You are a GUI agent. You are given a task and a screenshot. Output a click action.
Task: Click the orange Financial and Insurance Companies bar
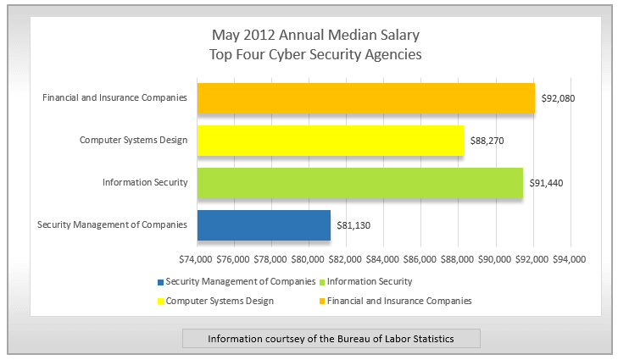click(x=366, y=98)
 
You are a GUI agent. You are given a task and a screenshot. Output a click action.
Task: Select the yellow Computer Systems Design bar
click(x=331, y=141)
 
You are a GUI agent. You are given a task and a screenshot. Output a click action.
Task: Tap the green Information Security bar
click(x=360, y=183)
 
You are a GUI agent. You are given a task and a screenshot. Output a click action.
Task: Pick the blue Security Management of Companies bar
click(x=264, y=225)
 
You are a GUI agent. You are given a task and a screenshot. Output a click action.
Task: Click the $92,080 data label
click(x=558, y=98)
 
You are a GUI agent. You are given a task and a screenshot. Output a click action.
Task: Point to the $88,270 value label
click(x=487, y=141)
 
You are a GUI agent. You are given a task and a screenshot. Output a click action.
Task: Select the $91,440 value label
click(x=546, y=183)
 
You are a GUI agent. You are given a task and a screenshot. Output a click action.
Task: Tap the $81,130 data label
click(x=354, y=225)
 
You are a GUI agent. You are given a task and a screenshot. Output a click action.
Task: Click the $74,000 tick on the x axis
click(x=197, y=258)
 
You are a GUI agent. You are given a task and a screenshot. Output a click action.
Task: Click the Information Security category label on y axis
click(x=144, y=182)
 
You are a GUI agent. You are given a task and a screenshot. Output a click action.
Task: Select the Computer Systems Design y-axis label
click(x=133, y=140)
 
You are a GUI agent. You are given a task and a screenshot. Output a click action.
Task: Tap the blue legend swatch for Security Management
click(x=161, y=281)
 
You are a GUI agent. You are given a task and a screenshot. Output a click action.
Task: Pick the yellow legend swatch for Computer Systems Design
click(x=161, y=301)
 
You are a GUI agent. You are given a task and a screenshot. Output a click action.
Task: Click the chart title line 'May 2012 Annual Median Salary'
click(x=315, y=36)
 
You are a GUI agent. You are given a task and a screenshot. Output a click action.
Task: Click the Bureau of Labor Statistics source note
click(x=331, y=339)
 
